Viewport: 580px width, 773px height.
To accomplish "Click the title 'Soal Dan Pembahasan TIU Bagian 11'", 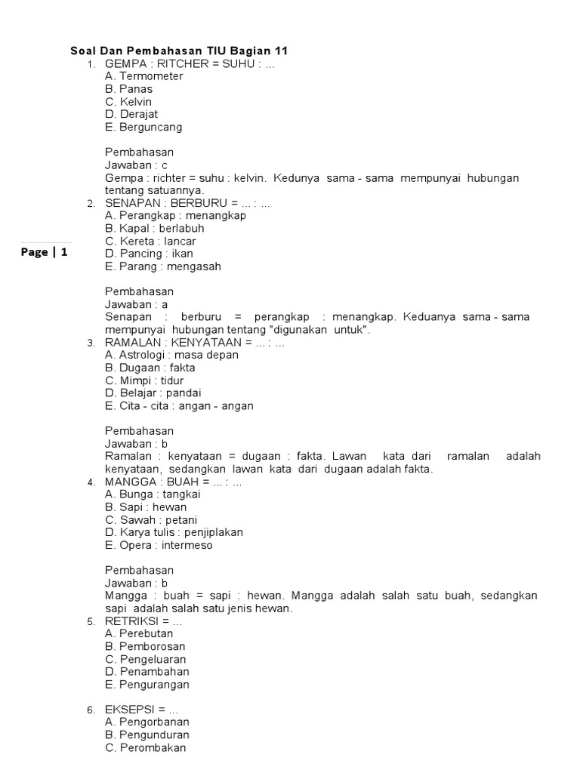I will pyautogui.click(x=179, y=51).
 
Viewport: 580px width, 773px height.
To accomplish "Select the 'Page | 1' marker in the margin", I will pyautogui.click(x=45, y=253).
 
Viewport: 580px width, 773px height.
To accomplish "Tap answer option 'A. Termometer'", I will pyautogui.click(x=144, y=76).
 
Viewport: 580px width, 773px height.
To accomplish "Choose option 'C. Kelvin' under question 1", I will pyautogui.click(x=128, y=102).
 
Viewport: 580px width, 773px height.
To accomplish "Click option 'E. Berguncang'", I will pyautogui.click(x=143, y=127).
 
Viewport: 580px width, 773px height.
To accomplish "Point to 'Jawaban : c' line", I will pyautogui.click(x=136, y=165).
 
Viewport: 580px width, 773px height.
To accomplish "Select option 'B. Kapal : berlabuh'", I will pyautogui.click(x=155, y=228).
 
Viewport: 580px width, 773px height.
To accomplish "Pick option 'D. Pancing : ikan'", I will pyautogui.click(x=149, y=254).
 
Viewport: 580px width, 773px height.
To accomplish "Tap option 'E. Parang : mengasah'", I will pyautogui.click(x=163, y=266).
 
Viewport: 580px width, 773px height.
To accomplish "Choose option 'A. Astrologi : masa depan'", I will pyautogui.click(x=171, y=355).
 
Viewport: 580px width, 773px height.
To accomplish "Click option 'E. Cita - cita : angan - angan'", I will pyautogui.click(x=179, y=405).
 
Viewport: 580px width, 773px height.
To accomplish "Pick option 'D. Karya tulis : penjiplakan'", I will pyautogui.click(x=174, y=532).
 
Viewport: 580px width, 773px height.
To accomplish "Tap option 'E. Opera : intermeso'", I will pyautogui.click(x=159, y=545).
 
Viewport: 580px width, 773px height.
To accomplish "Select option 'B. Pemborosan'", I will pyautogui.click(x=145, y=646).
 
